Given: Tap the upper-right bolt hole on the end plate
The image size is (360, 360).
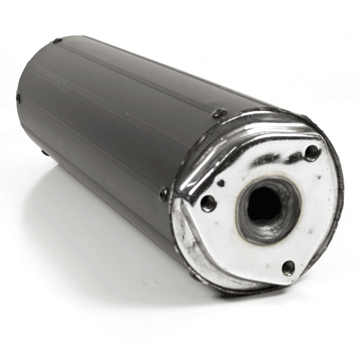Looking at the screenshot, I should [311, 152].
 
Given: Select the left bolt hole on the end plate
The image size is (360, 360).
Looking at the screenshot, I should [208, 203].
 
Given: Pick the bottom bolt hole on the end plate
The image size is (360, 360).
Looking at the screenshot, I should [289, 268].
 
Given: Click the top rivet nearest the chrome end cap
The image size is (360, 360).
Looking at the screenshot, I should [220, 113].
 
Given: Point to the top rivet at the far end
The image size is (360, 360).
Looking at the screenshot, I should [58, 41].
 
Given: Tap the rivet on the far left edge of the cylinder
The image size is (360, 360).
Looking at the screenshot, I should [18, 98].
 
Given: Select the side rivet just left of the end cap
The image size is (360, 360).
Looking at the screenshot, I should [164, 194].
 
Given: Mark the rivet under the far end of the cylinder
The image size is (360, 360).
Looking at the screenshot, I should [45, 153].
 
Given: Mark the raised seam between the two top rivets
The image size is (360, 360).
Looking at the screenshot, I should [138, 75].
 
